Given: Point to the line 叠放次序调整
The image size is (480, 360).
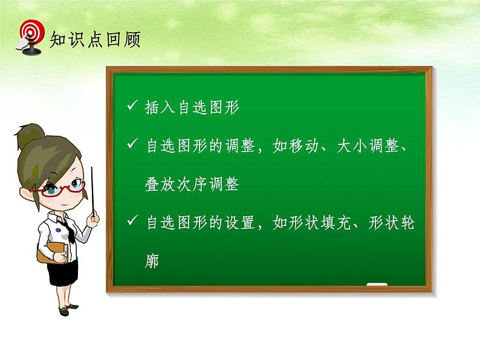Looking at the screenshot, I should [x=192, y=185].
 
